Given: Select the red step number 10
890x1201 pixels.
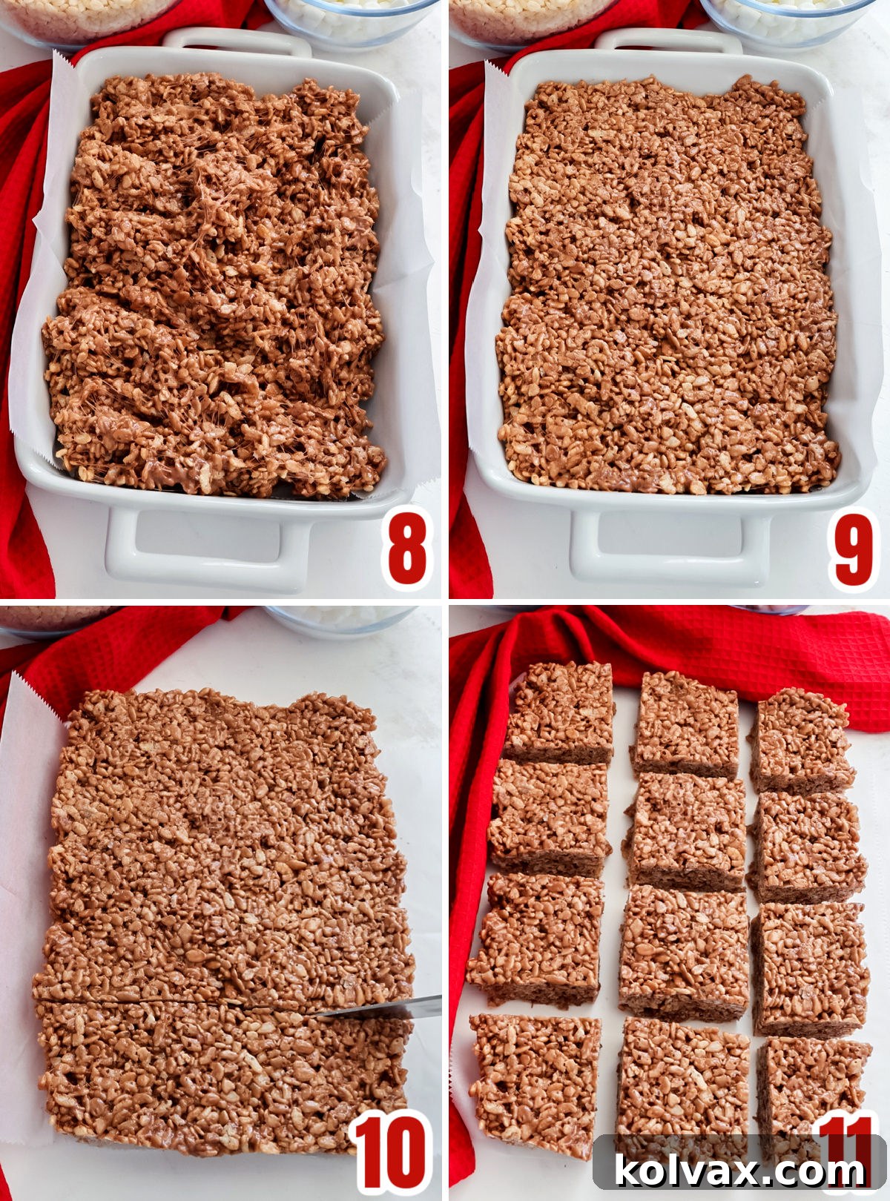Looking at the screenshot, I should tap(390, 1153).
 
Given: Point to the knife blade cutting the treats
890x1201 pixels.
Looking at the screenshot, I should tap(386, 1009).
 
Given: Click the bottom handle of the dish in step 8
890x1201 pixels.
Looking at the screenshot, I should tap(208, 552).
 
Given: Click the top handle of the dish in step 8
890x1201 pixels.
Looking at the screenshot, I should tap(237, 41).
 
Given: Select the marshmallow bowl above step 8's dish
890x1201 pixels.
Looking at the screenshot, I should tap(349, 19).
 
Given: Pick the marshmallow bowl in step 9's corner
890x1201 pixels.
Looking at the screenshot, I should tap(786, 19).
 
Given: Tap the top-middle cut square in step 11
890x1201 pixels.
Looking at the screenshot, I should tap(686, 723).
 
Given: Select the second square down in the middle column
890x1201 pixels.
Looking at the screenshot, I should tap(687, 830).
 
